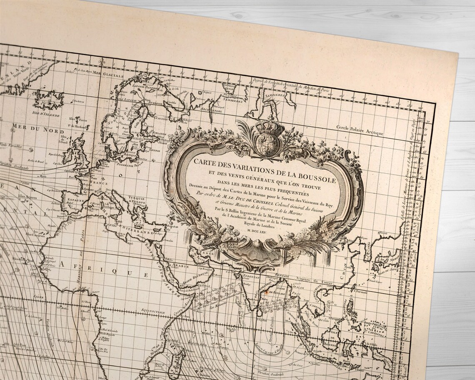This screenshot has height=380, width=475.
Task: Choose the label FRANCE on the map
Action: tap(96, 182)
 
